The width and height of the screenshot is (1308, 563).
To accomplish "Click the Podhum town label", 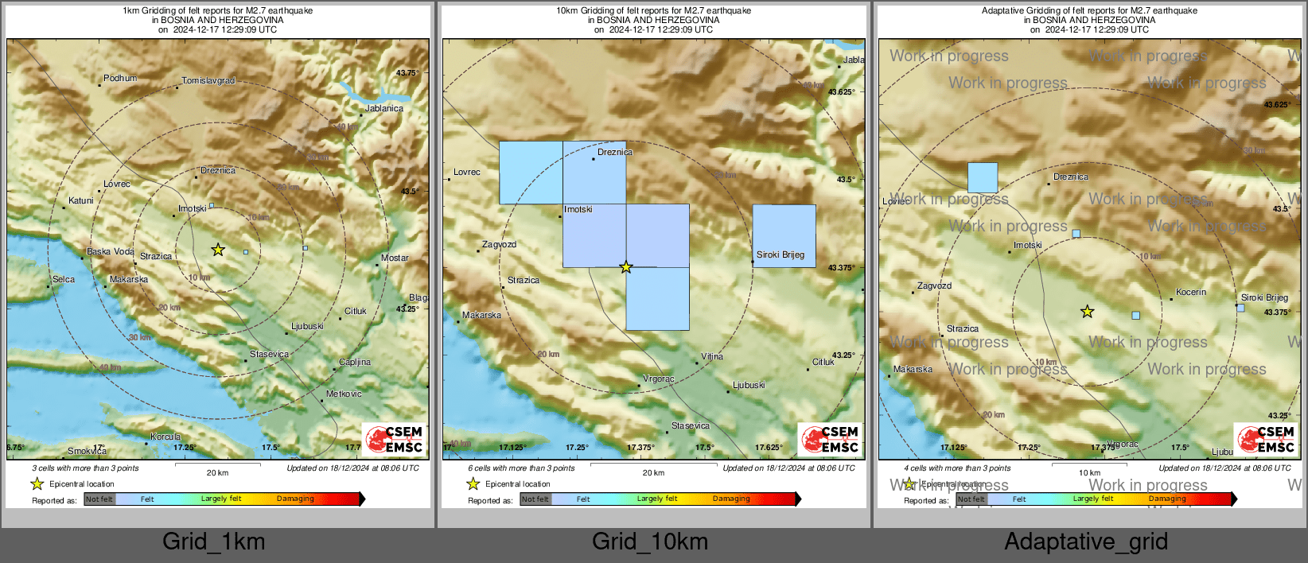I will point(120,79).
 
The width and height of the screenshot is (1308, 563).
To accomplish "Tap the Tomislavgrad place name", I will point(208,81).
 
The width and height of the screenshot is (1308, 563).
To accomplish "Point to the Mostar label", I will point(395,258).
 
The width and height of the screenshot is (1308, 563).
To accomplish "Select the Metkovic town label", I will point(344,394).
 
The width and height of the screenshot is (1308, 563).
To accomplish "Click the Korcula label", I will point(165,437).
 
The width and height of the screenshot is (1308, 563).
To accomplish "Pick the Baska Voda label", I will point(111,252).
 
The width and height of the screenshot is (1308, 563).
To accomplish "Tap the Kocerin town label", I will point(1191,293).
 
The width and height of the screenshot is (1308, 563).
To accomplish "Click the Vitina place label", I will point(712,357).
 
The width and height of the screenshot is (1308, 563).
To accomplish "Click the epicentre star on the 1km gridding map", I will point(218,250).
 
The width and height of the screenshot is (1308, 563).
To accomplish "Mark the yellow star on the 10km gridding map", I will point(626,267).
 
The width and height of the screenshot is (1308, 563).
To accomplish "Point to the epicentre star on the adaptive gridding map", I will point(1087,312).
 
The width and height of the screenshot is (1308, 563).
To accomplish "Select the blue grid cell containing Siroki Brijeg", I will point(784,235).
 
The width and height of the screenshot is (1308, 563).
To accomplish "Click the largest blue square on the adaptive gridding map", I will point(983,177).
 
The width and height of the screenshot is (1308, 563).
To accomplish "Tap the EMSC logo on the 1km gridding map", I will point(395,440).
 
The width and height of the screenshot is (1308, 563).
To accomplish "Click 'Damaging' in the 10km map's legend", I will point(731,499).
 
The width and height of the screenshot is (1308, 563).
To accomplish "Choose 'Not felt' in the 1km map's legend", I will point(99,499).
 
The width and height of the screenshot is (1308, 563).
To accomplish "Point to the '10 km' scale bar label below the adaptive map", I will point(1089,473).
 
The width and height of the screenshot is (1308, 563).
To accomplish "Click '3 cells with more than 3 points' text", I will point(85,468).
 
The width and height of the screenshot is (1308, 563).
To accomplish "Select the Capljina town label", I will point(355,363).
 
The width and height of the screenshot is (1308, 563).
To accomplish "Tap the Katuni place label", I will point(81,201).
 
